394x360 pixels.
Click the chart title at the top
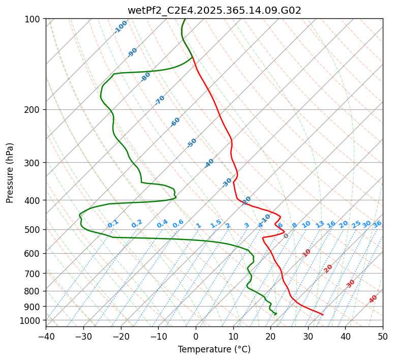coord(214,10)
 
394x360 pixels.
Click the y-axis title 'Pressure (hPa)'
coord(10,172)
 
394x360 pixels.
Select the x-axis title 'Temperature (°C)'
coord(214,349)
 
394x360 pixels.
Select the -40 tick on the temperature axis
coord(46,337)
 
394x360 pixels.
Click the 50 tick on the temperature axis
coord(383,337)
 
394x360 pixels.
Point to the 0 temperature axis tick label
coord(196,337)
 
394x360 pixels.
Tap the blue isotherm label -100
coord(120,27)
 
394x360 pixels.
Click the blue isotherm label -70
coord(160,100)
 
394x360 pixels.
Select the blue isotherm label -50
coord(192,143)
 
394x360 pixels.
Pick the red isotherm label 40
coord(373,299)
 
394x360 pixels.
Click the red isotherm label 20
coord(328,268)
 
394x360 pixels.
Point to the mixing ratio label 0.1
coord(113,224)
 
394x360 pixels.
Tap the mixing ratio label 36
coord(377,224)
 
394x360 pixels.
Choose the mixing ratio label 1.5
coord(216,224)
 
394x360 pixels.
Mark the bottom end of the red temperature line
coord(323,315)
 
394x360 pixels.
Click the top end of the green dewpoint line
coord(185,19)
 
